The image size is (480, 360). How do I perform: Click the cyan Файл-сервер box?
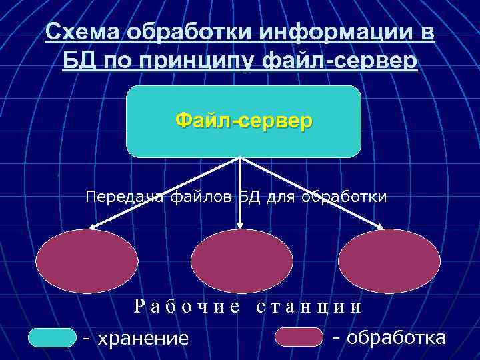[243, 121]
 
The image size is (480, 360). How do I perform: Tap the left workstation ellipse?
[87, 261]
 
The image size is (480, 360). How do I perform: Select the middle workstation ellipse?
[241, 261]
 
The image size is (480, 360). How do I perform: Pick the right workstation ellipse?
[389, 261]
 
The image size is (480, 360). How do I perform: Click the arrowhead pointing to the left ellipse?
[93, 227]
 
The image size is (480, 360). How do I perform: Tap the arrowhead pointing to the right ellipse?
[381, 227]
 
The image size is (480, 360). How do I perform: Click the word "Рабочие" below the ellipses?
[187, 307]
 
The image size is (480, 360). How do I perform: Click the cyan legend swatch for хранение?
[53, 337]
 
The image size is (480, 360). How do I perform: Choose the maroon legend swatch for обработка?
[299, 337]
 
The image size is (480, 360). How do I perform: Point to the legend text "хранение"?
[143, 338]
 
